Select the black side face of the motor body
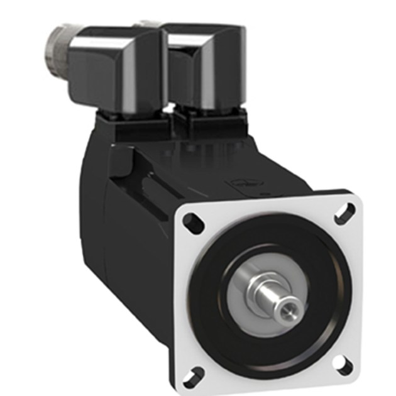pos(135,264)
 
